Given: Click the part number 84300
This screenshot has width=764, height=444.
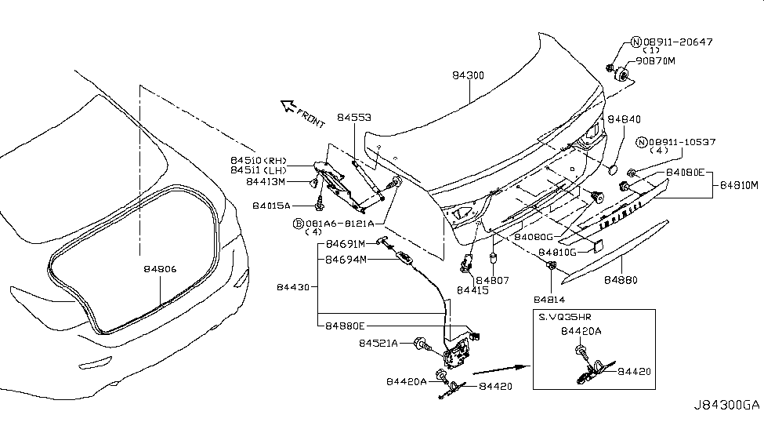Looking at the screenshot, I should coord(469,75).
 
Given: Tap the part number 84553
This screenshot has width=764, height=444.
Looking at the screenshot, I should coord(354,118).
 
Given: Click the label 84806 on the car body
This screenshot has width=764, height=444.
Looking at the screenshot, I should coord(160,268).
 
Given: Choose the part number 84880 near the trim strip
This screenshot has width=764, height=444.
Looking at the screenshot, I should coord(621,279).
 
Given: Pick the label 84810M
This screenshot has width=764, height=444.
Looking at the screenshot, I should coord(739,184).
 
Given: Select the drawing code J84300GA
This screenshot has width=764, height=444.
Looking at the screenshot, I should coord(726,406).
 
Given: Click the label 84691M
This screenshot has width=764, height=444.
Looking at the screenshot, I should coord(346,244).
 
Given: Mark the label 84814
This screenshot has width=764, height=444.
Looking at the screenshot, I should coord(552,299).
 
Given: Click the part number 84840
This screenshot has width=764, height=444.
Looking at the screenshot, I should coord(625,118).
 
